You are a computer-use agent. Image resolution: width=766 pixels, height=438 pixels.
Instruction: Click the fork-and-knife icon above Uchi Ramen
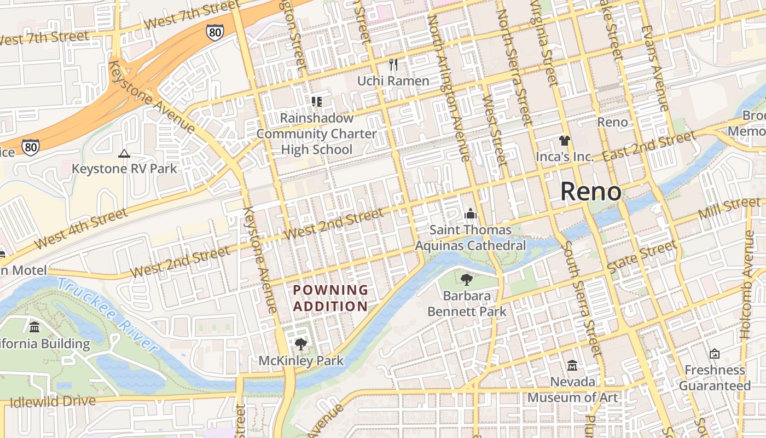(x=393, y=65)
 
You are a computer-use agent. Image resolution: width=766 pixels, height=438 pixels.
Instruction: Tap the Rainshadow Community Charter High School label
(x=316, y=134)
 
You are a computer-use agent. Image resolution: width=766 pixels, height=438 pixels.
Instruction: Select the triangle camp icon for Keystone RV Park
(x=124, y=154)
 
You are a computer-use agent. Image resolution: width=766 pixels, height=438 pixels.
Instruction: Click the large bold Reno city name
(x=591, y=192)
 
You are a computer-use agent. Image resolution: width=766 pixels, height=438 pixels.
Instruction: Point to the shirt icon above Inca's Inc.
(x=565, y=141)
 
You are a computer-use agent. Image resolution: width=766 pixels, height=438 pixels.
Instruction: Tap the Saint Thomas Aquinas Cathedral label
(x=470, y=238)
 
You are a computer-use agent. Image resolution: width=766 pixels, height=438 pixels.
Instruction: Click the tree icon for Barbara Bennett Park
(x=467, y=280)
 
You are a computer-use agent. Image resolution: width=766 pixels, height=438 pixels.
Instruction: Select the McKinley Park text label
(x=301, y=361)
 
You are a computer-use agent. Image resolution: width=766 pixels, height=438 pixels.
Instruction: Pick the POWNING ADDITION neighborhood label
(x=330, y=298)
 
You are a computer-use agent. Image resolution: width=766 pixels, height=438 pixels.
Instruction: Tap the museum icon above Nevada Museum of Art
(x=572, y=365)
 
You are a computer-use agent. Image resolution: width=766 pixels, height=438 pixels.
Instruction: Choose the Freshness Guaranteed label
(x=715, y=378)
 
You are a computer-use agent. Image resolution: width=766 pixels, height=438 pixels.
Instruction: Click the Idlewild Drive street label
(x=53, y=402)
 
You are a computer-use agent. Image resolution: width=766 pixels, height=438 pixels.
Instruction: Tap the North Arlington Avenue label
(x=449, y=88)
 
